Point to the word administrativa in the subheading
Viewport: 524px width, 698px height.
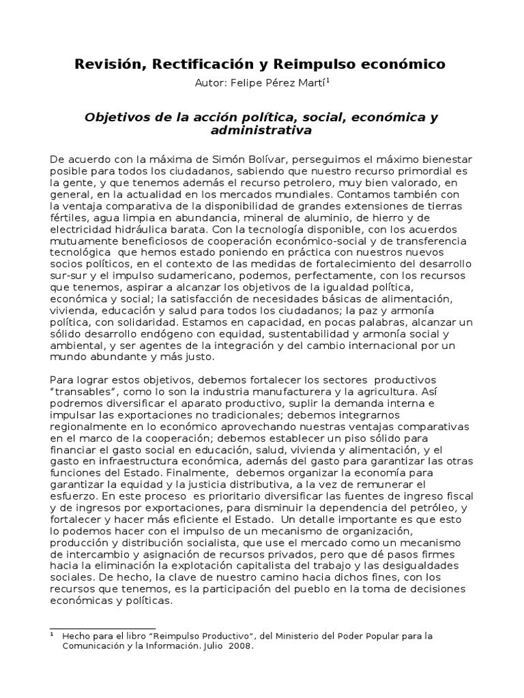[262, 130]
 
